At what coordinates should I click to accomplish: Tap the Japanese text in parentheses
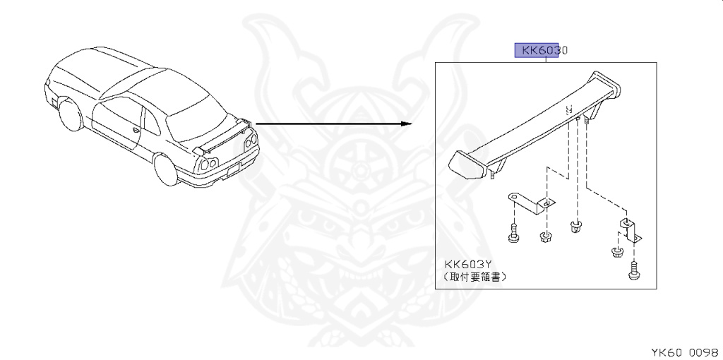click(475, 277)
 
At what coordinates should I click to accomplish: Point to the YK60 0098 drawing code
click(683, 351)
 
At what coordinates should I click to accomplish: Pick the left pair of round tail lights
click(207, 164)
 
